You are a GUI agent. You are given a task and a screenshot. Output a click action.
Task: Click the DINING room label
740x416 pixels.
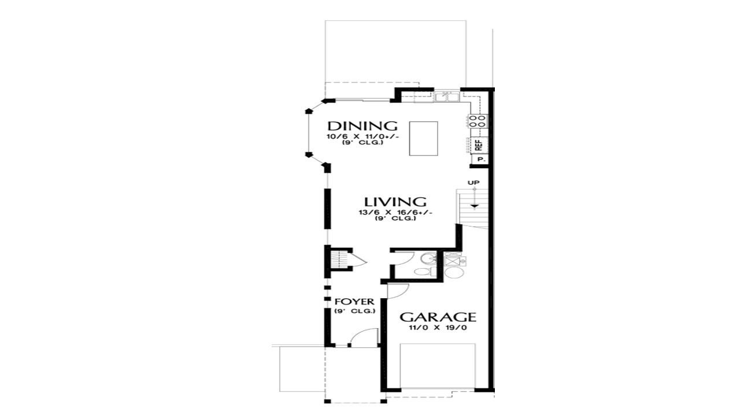(362, 126)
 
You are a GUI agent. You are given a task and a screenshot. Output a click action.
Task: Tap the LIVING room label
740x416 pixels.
(395, 202)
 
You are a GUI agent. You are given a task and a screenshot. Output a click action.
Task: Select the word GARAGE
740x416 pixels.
(438, 317)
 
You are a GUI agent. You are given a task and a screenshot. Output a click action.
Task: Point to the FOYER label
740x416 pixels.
(354, 302)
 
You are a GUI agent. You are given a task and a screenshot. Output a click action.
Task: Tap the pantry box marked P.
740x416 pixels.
(481, 159)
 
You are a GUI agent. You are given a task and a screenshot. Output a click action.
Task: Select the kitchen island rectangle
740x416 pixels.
(424, 138)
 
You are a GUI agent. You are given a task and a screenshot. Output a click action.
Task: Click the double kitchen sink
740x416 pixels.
(447, 96)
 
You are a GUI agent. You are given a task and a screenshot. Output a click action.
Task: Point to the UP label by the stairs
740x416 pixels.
(473, 183)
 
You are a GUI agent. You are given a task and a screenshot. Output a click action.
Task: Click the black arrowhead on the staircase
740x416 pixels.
(475, 206)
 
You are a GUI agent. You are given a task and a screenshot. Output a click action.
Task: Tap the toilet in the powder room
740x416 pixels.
(425, 272)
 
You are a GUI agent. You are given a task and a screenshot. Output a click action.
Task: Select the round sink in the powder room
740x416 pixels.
(429, 258)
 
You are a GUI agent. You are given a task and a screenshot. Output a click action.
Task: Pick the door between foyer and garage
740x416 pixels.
(398, 291)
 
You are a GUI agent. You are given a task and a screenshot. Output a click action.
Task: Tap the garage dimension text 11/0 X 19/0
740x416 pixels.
(438, 328)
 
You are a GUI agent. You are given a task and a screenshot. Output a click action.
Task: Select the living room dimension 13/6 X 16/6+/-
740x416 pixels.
(395, 213)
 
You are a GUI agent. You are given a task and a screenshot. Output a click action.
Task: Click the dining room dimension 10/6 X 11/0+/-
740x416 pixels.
(362, 137)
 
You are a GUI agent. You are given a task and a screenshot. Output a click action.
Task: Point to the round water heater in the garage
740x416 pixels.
(454, 272)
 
